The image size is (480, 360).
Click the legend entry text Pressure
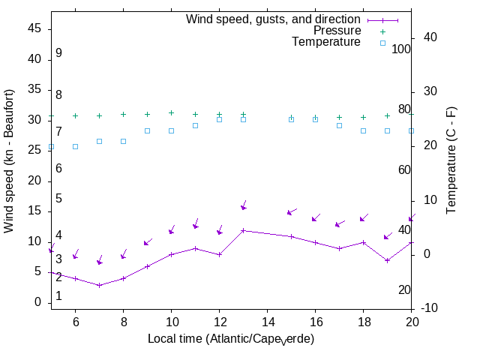(337, 31)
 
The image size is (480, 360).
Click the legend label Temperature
(326, 43)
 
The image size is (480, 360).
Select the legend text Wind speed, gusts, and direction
(274, 19)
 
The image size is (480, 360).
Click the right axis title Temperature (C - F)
(452, 160)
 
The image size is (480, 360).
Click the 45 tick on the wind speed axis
(34, 28)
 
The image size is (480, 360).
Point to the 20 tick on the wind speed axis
(34, 181)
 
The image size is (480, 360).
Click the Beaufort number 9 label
(58, 53)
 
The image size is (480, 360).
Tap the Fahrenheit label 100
(402, 49)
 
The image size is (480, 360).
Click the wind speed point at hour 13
(243, 230)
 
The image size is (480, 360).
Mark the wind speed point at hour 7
(99, 285)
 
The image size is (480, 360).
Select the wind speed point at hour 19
(387, 260)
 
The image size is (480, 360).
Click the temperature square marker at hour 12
(219, 119)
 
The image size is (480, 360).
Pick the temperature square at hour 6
(75, 146)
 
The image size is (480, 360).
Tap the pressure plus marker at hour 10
(171, 113)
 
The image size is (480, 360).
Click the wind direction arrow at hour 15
(292, 212)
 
